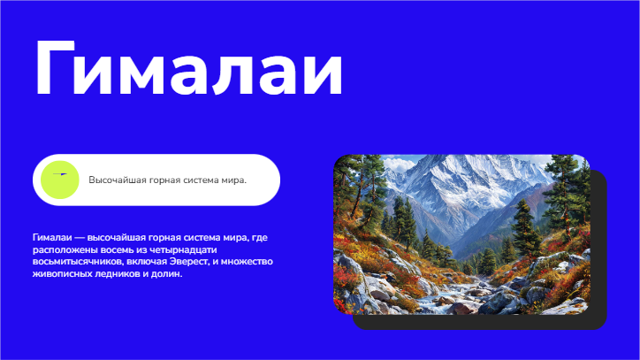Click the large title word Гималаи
pos(189,68)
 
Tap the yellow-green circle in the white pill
pos(60,180)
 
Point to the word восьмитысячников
pos(78,262)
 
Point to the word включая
pos(147,262)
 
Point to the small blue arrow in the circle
pos(60,174)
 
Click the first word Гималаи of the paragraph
pos(52,237)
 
